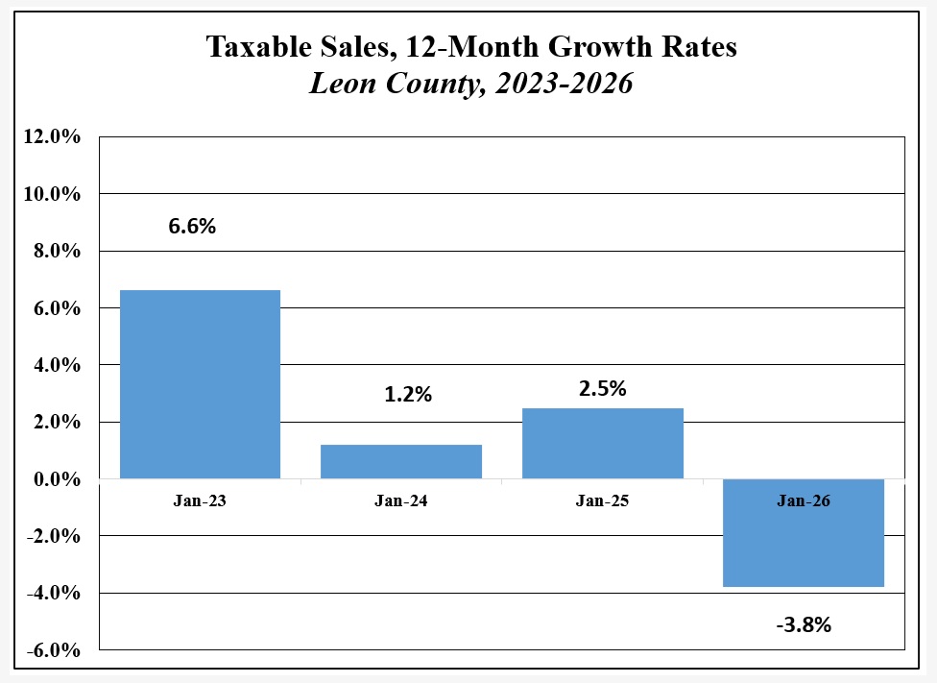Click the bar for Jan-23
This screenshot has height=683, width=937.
click(x=200, y=384)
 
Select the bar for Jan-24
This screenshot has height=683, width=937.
click(x=401, y=461)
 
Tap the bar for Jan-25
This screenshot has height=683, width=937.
click(x=603, y=443)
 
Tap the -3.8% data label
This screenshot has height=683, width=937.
click(x=804, y=624)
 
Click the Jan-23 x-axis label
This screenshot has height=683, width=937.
click(x=200, y=500)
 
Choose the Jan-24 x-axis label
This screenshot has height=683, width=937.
click(x=401, y=500)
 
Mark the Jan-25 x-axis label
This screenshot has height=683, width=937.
click(x=603, y=500)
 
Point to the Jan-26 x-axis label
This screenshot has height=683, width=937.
click(x=804, y=500)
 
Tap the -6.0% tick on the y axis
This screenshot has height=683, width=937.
click(x=54, y=650)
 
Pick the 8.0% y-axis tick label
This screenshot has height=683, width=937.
click(x=56, y=251)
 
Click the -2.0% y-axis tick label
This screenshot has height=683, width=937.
click(x=54, y=536)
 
